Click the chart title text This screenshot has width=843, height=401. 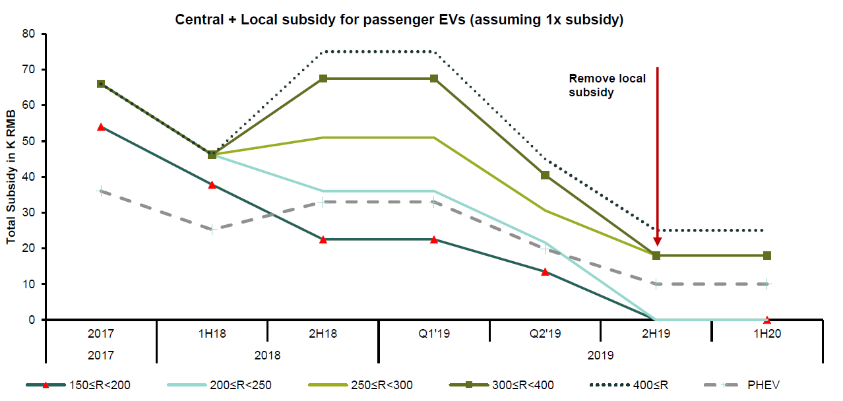click(x=399, y=20)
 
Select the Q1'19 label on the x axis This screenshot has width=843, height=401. click(x=433, y=334)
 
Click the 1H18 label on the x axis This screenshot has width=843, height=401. click(x=212, y=334)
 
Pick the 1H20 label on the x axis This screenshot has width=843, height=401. click(x=766, y=334)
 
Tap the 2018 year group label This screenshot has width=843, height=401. click(x=267, y=355)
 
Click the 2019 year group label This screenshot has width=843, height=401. click(x=600, y=355)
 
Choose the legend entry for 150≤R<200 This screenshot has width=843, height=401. click(x=99, y=385)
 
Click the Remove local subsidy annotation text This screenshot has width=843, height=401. click(x=608, y=86)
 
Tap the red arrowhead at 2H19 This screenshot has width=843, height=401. click(x=657, y=241)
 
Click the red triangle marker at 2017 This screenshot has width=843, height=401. click(x=101, y=127)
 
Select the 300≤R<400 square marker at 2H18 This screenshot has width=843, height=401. click(x=323, y=78)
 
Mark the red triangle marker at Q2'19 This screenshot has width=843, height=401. click(x=545, y=271)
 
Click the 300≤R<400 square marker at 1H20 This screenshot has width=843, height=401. click(x=767, y=255)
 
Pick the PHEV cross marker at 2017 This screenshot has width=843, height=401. click(x=101, y=191)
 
